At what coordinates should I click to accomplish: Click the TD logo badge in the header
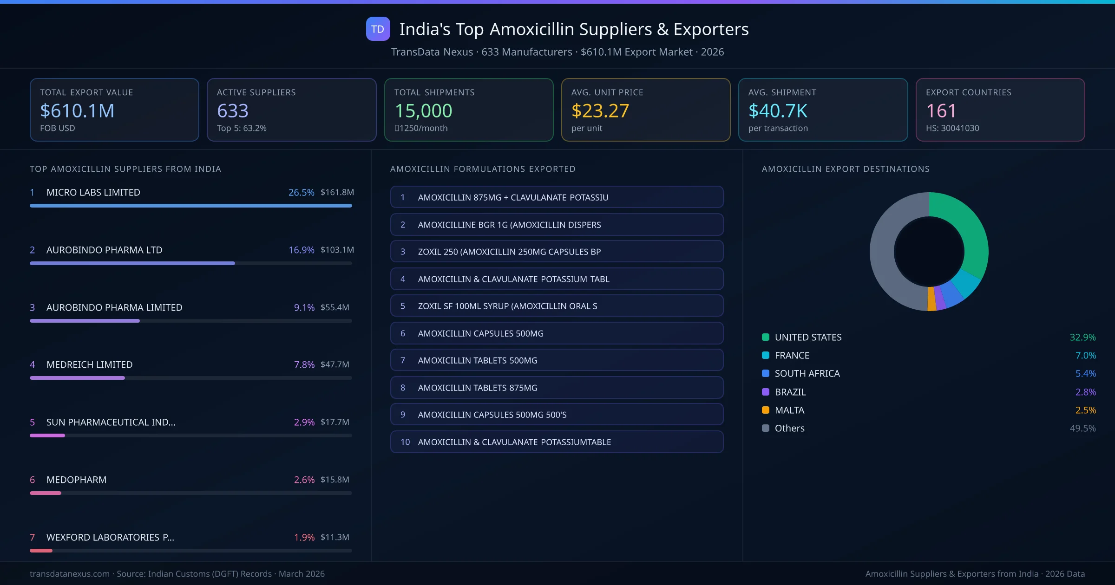[378, 29]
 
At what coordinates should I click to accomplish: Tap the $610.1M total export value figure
[77, 111]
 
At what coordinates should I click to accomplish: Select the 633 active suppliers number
[233, 111]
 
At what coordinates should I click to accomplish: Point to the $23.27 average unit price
[600, 111]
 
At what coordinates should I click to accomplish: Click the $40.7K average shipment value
[778, 111]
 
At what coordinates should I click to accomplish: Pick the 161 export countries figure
[941, 111]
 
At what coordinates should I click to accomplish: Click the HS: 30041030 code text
[952, 128]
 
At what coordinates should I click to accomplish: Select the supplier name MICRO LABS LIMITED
[93, 192]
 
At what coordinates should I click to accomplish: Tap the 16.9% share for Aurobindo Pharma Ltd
[301, 250]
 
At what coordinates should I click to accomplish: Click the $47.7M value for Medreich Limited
[334, 364]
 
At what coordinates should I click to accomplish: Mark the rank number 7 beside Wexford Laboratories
[33, 537]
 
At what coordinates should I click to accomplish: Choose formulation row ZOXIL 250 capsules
[557, 252]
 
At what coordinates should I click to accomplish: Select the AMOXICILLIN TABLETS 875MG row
[557, 388]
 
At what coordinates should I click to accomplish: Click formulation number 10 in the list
[405, 442]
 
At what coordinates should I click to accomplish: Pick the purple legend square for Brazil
[766, 392]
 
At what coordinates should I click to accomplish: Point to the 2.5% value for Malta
[1085, 410]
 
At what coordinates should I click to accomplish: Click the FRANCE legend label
[792, 355]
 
